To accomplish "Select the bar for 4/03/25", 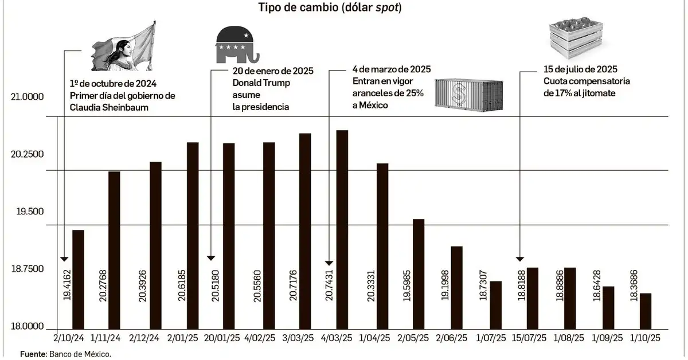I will (x=342, y=229).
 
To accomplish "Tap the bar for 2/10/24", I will (x=79, y=279).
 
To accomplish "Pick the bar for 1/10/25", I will (x=646, y=310).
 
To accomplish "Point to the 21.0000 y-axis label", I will (x=28, y=97).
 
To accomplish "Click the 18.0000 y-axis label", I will (x=28, y=327).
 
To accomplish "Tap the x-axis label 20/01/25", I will (x=221, y=339).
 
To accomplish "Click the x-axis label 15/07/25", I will (x=528, y=339).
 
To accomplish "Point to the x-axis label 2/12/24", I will (x=145, y=339).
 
